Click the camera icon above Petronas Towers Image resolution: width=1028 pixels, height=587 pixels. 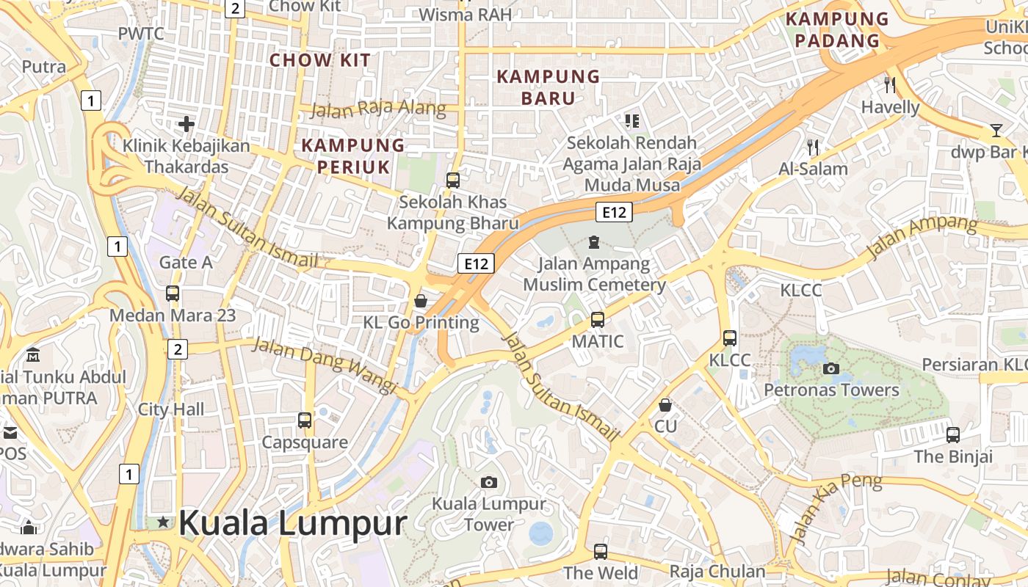[831, 368]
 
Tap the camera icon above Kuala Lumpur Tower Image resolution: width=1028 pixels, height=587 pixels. [488, 482]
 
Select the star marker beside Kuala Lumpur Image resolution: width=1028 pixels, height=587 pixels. [163, 522]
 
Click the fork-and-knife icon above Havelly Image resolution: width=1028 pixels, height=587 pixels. [890, 84]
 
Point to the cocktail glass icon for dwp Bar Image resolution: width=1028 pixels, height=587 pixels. [996, 131]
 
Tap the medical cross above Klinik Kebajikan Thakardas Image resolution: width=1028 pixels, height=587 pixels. [187, 123]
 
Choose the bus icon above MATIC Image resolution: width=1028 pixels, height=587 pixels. [598, 320]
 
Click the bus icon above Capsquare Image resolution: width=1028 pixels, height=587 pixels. [305, 420]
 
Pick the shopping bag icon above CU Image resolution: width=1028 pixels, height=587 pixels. [665, 405]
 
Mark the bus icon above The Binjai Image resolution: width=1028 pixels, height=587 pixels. [953, 434]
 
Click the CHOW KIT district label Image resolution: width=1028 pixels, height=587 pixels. [320, 60]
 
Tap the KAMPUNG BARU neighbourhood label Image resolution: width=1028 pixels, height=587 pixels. [549, 87]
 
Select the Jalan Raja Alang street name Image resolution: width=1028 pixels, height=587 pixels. [378, 109]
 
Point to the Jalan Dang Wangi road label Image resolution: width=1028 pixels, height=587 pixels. [324, 365]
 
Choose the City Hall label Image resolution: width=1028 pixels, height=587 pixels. [171, 409]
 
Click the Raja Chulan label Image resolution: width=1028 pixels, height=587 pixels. [717, 571]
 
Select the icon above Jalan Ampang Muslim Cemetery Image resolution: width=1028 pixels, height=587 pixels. [594, 241]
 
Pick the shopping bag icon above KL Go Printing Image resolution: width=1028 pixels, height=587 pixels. [421, 300]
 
